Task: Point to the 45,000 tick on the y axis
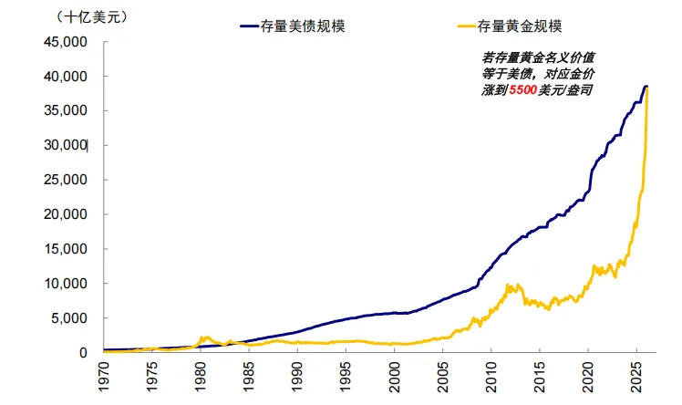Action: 67,42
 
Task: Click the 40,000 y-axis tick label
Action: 67,77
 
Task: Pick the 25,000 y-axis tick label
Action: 67,180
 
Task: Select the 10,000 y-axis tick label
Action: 67,284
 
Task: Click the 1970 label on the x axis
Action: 104,376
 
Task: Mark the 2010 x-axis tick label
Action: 491,376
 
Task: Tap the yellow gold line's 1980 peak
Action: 205,337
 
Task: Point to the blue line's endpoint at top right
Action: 646,86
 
